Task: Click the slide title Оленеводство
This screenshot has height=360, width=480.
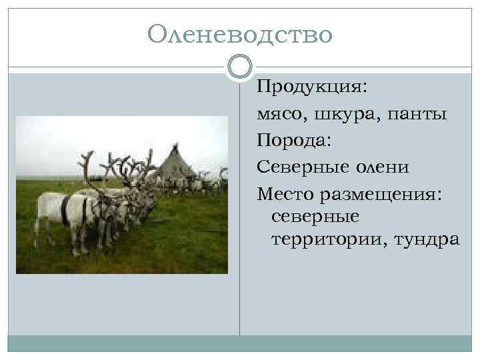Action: [x=239, y=33]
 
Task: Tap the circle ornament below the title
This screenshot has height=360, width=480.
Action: [x=239, y=67]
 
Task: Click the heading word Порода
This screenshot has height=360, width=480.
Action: [x=293, y=141]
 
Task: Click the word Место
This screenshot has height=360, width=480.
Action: [x=287, y=194]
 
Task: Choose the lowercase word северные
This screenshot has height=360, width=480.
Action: [x=315, y=216]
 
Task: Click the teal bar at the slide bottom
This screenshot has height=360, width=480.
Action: [x=239, y=343]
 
